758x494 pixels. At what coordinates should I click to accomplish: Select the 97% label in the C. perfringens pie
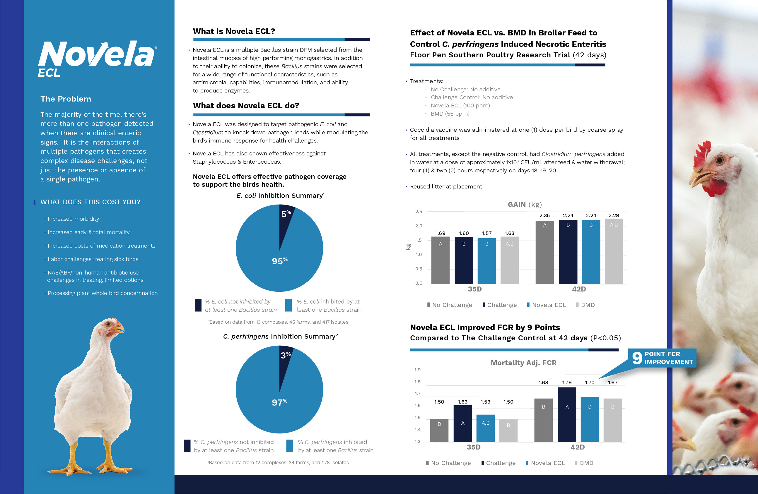(x=279, y=402)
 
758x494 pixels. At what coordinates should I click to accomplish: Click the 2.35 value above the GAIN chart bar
(x=544, y=215)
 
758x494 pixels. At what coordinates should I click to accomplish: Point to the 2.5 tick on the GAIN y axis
(x=419, y=212)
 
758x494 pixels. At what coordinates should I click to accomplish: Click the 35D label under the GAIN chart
(x=474, y=289)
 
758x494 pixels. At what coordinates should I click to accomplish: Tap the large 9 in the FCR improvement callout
(x=637, y=358)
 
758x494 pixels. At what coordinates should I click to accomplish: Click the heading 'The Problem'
(x=66, y=99)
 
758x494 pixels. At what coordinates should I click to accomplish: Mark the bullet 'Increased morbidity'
(x=73, y=219)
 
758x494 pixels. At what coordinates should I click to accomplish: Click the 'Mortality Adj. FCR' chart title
(x=523, y=363)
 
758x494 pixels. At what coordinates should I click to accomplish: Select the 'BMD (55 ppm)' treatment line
(x=450, y=114)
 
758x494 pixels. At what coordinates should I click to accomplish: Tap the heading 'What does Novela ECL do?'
(x=246, y=106)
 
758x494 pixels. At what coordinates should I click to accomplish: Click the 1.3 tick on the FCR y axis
(x=417, y=442)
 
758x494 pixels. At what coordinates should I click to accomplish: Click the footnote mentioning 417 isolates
(x=278, y=322)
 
